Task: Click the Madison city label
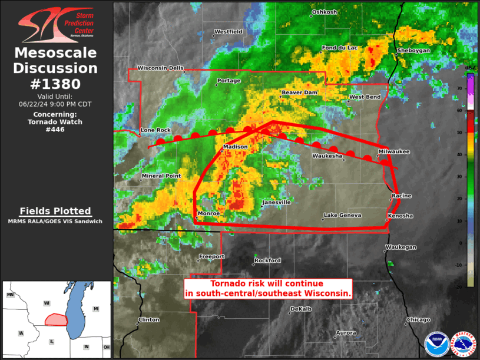pos(236,147)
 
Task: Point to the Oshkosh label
pos(325,12)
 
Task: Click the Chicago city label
pos(418,320)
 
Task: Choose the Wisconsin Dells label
pos(161,68)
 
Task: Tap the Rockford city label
pos(268,260)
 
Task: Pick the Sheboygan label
pos(413,51)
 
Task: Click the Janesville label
pos(277,202)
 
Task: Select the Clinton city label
pos(148,320)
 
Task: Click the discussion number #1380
pos(55,84)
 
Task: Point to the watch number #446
pos(55,130)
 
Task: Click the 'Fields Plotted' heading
pos(55,211)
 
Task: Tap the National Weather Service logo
pos(463,345)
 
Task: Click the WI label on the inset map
pos(47,303)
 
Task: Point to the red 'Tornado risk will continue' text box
pos(269,288)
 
